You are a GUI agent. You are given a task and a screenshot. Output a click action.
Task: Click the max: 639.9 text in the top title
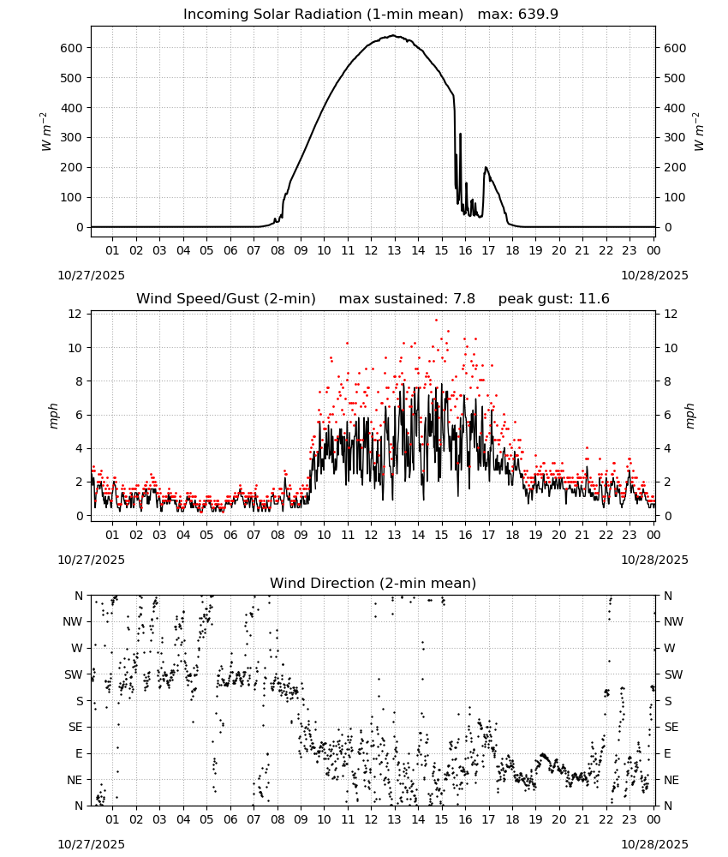click(x=518, y=15)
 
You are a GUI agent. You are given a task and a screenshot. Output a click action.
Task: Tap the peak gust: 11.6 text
click(x=554, y=299)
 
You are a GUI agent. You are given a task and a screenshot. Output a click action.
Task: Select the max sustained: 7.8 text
click(x=407, y=299)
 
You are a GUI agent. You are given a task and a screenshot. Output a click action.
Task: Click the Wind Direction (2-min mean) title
click(x=373, y=583)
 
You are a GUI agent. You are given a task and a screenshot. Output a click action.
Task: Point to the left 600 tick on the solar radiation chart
click(x=72, y=48)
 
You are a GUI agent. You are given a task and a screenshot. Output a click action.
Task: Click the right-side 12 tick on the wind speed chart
click(x=671, y=315)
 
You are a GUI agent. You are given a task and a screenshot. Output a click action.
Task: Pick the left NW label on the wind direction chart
click(x=73, y=622)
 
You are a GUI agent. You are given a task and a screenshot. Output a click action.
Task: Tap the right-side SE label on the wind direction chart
click(x=671, y=728)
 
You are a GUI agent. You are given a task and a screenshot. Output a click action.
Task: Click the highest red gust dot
click(x=436, y=321)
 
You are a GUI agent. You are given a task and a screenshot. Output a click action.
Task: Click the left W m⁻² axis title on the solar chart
click(x=46, y=132)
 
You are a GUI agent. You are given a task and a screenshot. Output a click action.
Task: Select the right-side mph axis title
click(x=689, y=416)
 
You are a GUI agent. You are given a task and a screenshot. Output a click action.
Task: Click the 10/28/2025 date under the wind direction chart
click(x=655, y=844)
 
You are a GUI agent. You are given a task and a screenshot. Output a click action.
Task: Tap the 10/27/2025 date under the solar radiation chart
click(x=91, y=275)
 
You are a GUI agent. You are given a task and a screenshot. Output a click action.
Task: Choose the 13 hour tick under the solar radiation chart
click(x=394, y=251)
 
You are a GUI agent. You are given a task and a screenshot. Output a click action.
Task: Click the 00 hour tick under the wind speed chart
click(x=653, y=535)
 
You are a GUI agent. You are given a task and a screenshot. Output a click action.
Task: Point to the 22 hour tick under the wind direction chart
click(x=606, y=820)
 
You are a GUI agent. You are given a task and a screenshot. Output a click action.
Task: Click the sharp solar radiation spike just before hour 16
click(x=461, y=134)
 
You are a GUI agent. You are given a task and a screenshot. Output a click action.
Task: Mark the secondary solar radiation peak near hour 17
click(x=486, y=167)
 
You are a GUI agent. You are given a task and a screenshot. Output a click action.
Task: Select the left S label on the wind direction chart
click(x=79, y=701)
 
